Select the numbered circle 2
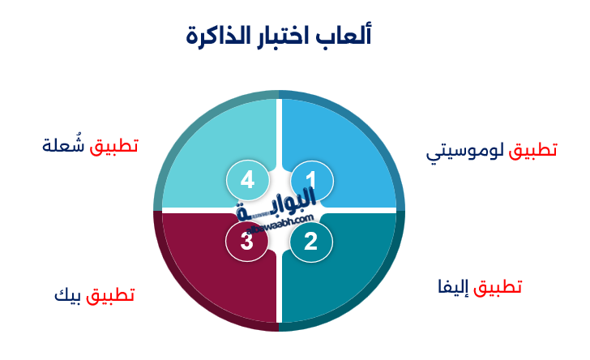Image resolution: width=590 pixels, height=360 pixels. click(x=310, y=241)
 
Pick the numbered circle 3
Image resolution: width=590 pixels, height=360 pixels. click(x=247, y=241)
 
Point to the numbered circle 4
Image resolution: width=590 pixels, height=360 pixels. click(x=247, y=180)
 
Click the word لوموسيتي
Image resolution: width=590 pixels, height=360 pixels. click(x=465, y=152)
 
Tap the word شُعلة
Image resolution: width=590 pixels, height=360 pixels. click(x=64, y=146)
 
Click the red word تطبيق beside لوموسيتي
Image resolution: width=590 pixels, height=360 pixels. click(x=532, y=151)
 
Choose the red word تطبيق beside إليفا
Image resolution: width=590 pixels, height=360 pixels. click(x=498, y=287)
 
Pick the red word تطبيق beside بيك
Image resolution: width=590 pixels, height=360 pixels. click(x=109, y=294)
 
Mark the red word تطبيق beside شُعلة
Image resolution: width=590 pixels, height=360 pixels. click(x=114, y=146)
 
